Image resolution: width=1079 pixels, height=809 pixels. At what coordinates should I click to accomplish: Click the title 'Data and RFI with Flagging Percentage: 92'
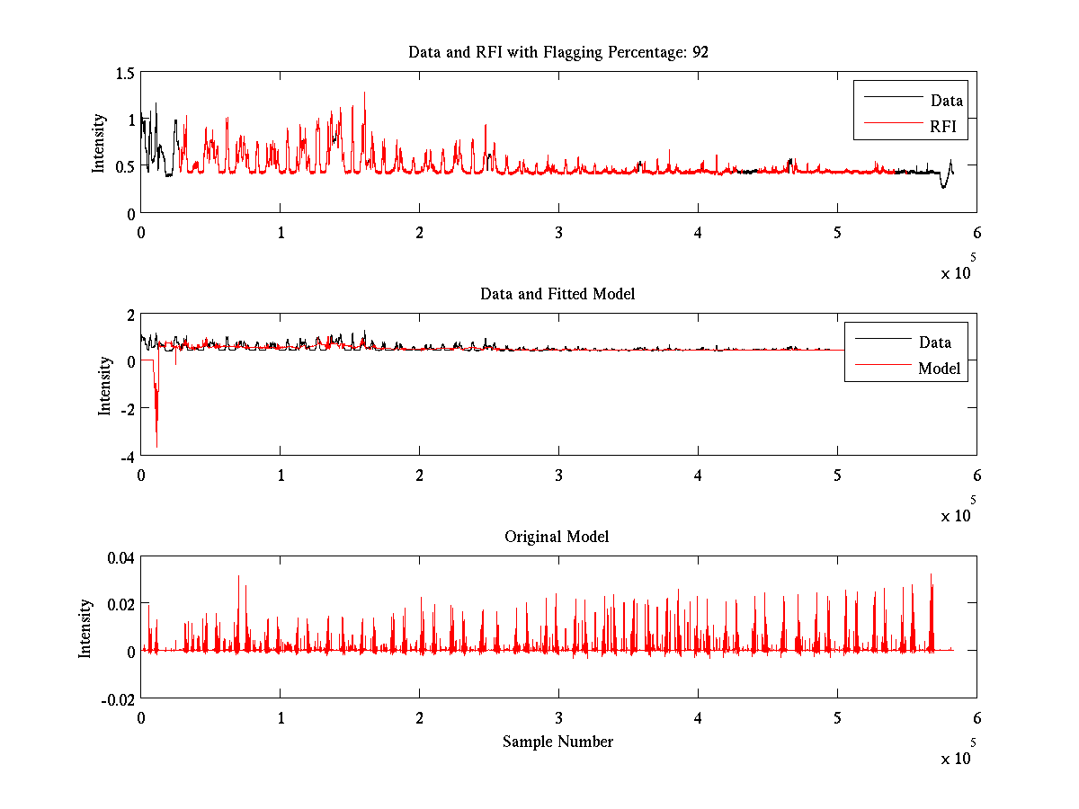[557, 52]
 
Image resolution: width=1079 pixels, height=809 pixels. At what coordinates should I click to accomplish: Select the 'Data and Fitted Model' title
[557, 294]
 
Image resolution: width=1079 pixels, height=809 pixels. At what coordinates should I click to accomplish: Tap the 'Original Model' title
[557, 537]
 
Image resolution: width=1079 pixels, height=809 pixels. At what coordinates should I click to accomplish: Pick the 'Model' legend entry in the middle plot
[939, 368]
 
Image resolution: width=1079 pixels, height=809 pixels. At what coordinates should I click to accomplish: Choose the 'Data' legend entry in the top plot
[946, 101]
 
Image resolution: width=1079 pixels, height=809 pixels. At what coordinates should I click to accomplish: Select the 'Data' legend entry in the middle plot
[935, 342]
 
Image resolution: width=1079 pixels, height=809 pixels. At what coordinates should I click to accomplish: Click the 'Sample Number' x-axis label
[557, 742]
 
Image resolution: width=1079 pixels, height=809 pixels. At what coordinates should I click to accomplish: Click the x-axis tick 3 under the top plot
[559, 232]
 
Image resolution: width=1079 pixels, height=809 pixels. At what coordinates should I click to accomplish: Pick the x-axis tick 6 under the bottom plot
[976, 717]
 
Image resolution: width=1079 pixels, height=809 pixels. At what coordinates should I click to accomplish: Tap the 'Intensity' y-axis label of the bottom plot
[85, 628]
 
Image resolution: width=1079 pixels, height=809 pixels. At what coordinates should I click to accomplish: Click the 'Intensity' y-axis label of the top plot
[99, 143]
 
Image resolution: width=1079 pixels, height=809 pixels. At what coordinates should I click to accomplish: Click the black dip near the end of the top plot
[943, 186]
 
